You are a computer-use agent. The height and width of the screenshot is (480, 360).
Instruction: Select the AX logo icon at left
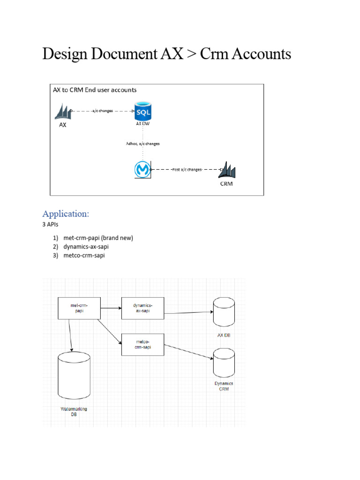[x=63, y=112]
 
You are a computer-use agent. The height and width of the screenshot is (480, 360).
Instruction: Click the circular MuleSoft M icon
[x=141, y=169]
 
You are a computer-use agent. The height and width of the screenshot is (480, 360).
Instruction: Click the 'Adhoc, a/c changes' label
[x=142, y=143]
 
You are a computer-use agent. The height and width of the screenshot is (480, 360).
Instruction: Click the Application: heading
[x=65, y=214]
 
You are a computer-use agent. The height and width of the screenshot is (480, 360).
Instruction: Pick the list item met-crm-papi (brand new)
[x=98, y=238]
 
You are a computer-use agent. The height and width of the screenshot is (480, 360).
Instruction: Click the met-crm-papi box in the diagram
[x=79, y=308]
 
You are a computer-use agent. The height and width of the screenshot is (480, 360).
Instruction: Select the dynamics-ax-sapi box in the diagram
[x=142, y=308]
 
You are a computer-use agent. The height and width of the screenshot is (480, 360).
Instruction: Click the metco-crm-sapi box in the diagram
[x=142, y=344]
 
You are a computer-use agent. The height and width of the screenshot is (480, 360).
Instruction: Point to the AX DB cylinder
[x=224, y=312]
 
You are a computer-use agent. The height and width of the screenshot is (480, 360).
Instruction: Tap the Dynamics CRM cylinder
[x=224, y=363]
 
